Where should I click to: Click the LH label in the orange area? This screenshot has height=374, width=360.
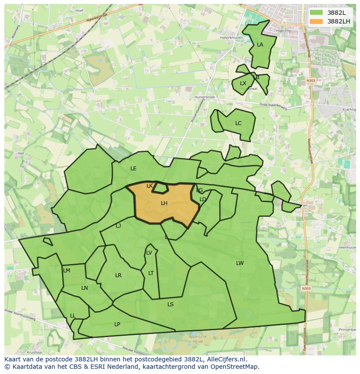[x=164, y=203]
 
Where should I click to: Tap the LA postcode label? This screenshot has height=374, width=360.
[x=260, y=45]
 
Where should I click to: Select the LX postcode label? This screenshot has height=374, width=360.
[x=243, y=83]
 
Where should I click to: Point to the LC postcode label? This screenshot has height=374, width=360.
[x=238, y=123]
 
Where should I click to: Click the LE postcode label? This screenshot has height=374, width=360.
[x=133, y=169]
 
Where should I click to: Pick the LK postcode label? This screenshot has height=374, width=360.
[x=150, y=186]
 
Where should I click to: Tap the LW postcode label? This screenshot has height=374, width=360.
[x=240, y=263]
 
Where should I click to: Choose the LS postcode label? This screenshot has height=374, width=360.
[x=170, y=304]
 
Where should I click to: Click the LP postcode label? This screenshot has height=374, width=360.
[x=117, y=324]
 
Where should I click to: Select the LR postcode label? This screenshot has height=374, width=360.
[x=118, y=275]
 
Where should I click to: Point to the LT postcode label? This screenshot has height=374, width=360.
[x=151, y=273]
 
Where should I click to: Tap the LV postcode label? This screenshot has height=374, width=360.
[x=149, y=253]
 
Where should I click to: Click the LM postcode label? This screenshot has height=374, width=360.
[x=67, y=271]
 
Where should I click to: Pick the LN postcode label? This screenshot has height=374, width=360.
[x=84, y=288]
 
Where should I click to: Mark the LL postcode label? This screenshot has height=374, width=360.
[x=73, y=316]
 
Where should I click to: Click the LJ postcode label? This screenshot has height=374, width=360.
[x=118, y=226]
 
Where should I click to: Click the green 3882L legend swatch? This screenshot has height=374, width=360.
[x=317, y=13]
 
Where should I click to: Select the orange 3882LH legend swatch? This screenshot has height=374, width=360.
[x=317, y=21]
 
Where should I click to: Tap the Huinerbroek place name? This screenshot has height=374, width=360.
[x=205, y=97]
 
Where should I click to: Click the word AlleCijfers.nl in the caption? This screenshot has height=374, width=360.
[x=227, y=360]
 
